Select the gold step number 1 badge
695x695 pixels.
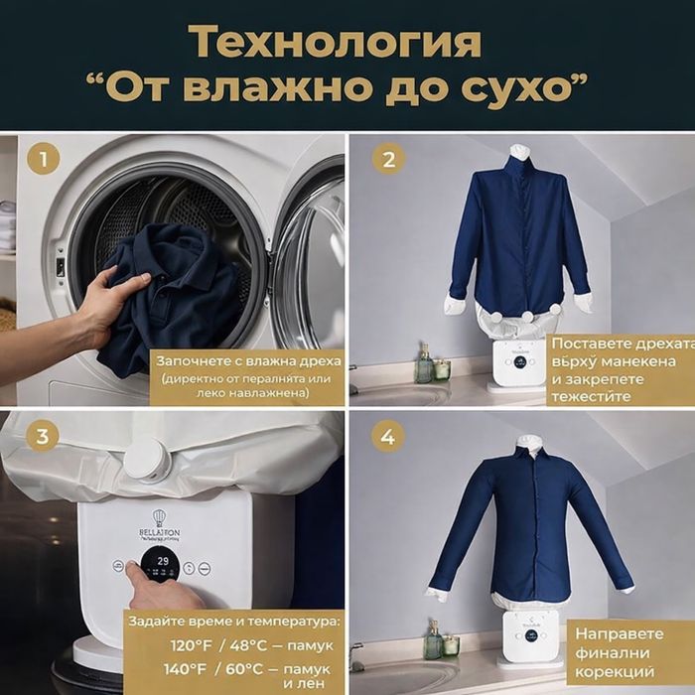tap(43, 158)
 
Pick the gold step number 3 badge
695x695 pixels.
tap(43, 434)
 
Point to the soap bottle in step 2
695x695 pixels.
tap(424, 365)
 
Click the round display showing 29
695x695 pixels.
tap(160, 568)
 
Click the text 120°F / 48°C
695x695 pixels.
tap(211, 644)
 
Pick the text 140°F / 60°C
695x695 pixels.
tap(211, 669)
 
